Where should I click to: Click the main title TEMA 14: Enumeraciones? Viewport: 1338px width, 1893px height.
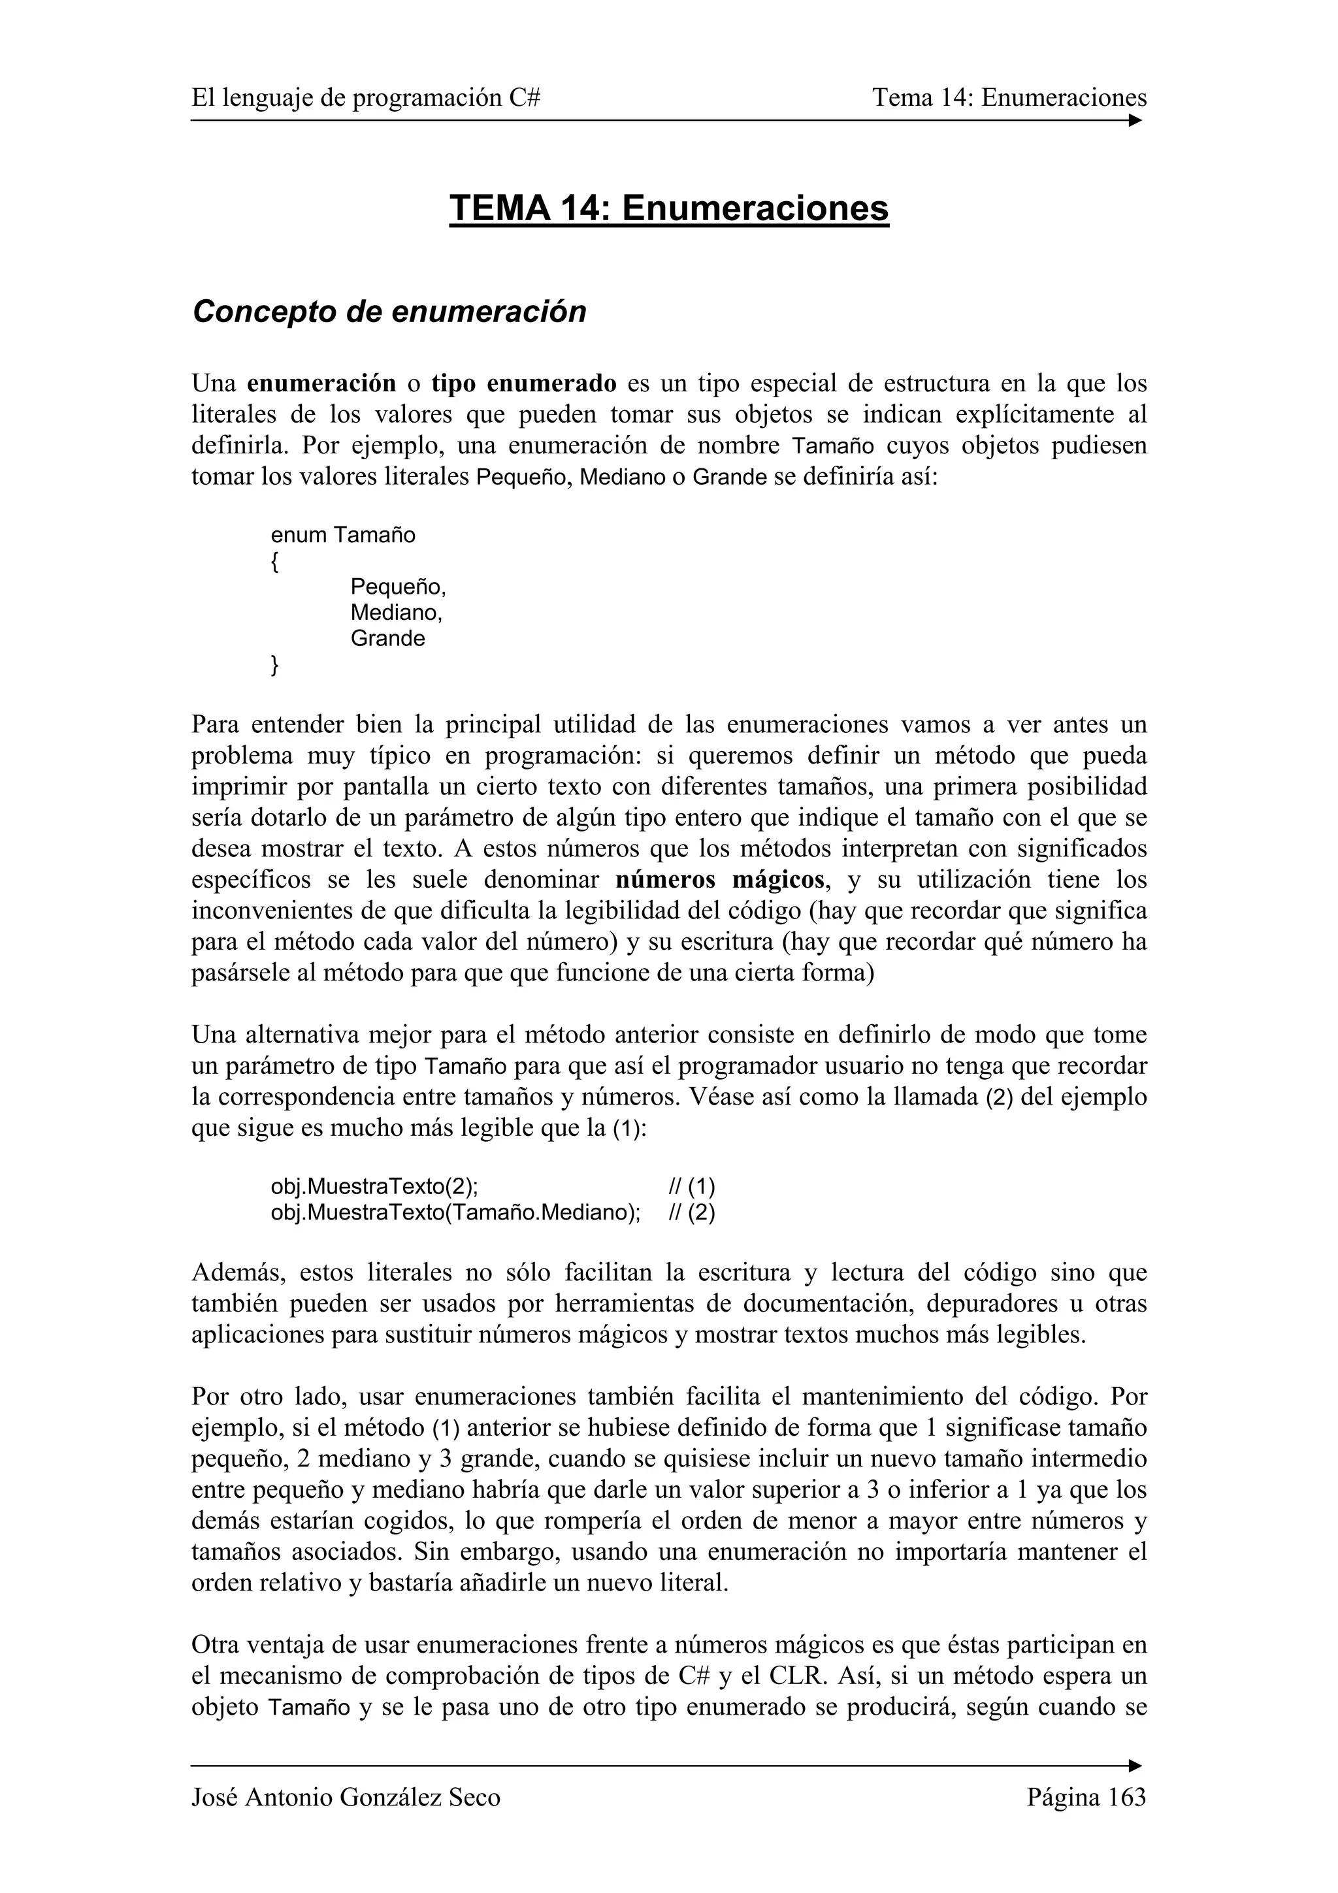coord(668,208)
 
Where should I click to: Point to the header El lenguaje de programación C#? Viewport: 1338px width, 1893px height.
coord(366,98)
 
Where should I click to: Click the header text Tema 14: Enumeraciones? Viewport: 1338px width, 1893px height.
coord(1009,98)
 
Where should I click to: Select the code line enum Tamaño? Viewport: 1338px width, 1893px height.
coord(343,535)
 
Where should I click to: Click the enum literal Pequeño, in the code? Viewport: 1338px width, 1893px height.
coord(397,587)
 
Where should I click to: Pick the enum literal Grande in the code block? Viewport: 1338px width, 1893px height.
coord(387,638)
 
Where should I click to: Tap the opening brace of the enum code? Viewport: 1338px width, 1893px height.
coord(274,562)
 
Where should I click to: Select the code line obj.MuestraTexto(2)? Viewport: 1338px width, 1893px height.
coord(374,1188)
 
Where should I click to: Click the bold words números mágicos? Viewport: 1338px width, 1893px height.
coord(720,880)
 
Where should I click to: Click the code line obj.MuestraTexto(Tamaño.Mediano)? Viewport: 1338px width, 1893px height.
coord(455,1213)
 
